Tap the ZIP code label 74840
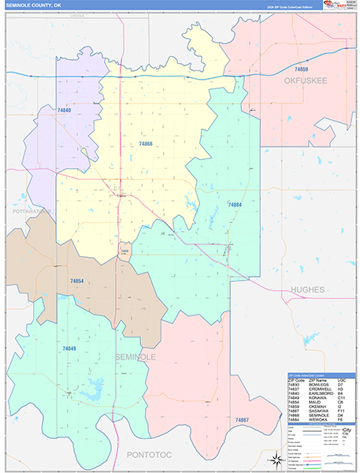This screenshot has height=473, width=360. (64, 110)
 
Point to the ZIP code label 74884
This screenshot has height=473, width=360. (234, 205)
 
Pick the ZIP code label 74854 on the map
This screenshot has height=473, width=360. (76, 281)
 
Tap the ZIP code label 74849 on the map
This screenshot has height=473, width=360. (69, 348)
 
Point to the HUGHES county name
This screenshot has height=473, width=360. (306, 290)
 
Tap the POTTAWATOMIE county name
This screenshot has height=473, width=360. (32, 212)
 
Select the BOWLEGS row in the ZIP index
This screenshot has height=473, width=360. (316, 385)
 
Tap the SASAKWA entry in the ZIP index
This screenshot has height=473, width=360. (316, 411)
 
